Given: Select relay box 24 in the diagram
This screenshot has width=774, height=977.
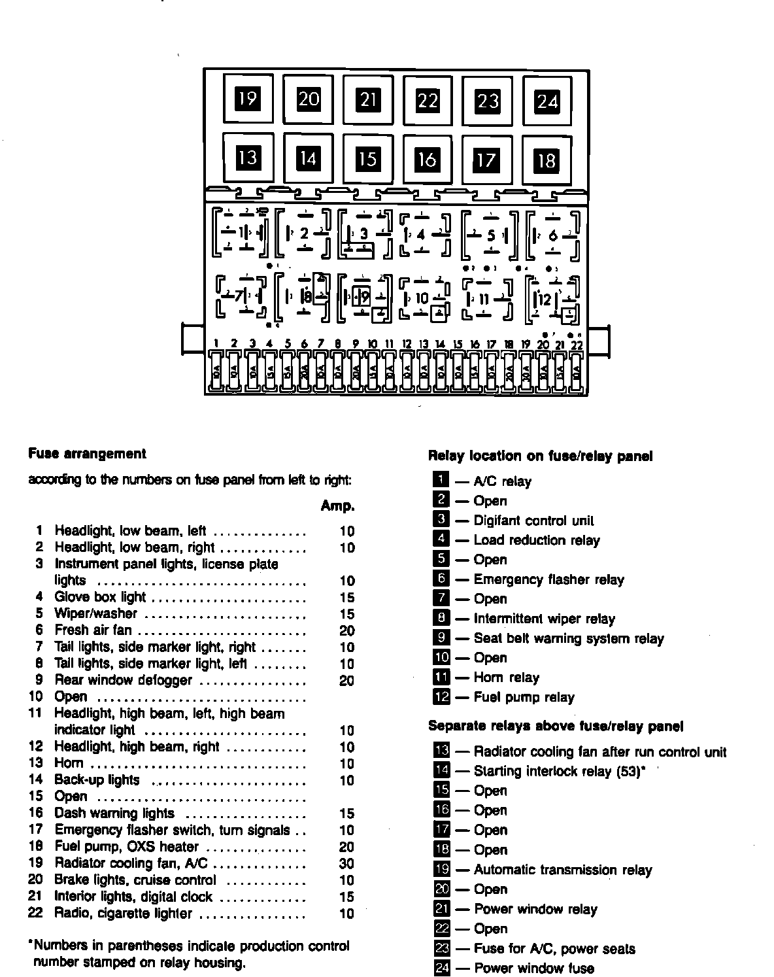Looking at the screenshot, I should pos(547,101).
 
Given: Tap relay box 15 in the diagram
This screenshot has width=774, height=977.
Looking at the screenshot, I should pos(367,158).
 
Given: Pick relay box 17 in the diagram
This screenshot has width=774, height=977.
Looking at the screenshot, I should pos(486,160).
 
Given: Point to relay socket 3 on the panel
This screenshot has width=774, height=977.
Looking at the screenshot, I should pos(363,234).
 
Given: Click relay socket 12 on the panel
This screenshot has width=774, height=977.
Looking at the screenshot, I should pos(553,300).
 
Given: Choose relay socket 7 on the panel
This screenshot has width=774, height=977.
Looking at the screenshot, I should pos(241,296).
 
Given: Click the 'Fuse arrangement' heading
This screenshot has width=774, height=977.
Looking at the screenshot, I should pos(88,454).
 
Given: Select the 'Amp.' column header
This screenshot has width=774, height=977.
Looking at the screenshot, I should pos(338,506).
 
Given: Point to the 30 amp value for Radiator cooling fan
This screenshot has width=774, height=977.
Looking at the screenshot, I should pos(346,863).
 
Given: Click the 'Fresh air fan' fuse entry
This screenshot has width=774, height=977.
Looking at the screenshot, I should pos(93,630).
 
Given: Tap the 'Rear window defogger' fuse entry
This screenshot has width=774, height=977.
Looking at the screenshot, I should pos(123,680).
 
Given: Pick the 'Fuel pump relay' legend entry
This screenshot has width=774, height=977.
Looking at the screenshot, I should pos(524,697).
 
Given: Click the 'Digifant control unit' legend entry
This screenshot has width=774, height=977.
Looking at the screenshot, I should pos(533,521).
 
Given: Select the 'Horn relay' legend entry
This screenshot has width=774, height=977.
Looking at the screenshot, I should pos(506,677).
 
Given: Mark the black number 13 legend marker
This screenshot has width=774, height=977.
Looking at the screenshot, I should pos(442,751).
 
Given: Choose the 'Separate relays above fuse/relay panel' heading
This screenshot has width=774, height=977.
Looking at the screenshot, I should pos(556,726).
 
